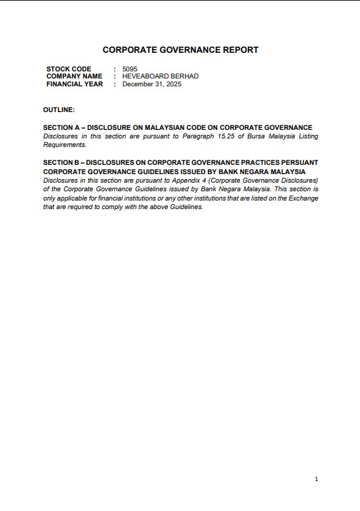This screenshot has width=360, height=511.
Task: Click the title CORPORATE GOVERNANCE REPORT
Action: point(181,50)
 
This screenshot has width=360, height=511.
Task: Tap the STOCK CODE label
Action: point(69,69)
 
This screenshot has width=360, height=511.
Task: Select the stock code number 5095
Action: point(129,69)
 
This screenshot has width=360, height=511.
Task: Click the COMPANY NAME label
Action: point(74,76)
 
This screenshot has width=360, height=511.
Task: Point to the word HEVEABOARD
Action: point(146,76)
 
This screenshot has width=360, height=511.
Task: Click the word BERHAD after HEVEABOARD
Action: point(184,76)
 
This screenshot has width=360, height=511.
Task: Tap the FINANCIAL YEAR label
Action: point(75,84)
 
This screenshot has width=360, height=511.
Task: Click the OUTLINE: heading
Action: point(59,110)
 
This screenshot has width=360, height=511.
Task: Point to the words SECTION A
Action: point(61,127)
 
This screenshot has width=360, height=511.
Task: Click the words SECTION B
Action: point(61,163)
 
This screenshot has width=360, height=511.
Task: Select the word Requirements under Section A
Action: point(64,144)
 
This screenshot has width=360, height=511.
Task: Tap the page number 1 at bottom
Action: point(316,479)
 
